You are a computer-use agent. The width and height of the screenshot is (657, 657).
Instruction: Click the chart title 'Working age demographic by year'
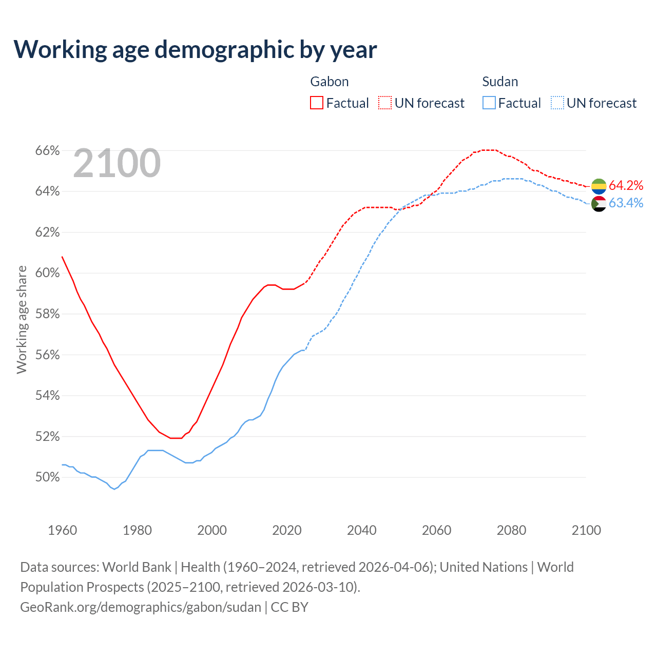(x=195, y=49)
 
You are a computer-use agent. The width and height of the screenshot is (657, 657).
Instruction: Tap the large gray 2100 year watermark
(x=117, y=163)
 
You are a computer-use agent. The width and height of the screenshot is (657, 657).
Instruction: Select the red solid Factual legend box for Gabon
(x=317, y=103)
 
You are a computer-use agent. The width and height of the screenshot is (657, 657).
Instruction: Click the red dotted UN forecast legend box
(x=385, y=103)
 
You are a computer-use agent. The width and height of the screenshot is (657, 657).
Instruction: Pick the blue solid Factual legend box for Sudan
(x=489, y=103)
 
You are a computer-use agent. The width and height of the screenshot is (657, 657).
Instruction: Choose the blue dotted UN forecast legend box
(x=557, y=103)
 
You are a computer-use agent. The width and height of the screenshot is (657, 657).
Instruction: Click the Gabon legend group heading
(x=330, y=82)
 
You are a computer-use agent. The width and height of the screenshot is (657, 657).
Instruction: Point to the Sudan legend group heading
(x=500, y=82)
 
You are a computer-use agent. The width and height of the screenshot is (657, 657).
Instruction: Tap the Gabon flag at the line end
(x=599, y=186)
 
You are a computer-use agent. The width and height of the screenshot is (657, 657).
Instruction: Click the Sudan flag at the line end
(x=599, y=204)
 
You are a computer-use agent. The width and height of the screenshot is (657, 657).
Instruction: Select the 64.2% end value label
(x=626, y=185)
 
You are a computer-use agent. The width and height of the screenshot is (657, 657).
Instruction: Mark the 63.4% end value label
(x=626, y=203)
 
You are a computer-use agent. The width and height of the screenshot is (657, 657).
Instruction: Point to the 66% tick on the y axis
(x=48, y=150)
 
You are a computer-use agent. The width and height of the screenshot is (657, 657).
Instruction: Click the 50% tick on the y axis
(x=48, y=477)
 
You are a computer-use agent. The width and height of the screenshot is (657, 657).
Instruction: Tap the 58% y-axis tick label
(x=48, y=314)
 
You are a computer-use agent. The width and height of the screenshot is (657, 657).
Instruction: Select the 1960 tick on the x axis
(x=63, y=530)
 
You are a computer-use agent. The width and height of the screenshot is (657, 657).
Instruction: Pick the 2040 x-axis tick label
(x=362, y=530)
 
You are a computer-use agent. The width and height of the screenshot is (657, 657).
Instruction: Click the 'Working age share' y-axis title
(x=22, y=319)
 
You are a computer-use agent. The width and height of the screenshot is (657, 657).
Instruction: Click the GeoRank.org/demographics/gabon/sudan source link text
(x=141, y=607)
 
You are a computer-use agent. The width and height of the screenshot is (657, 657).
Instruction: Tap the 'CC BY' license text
(x=289, y=607)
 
